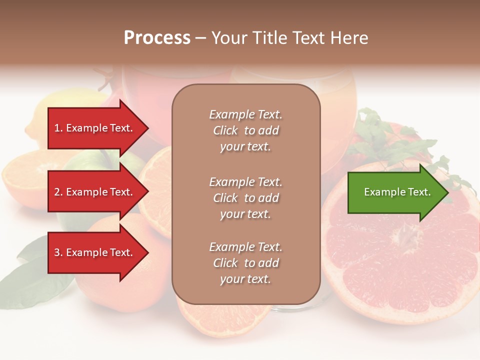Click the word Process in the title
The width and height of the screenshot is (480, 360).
tap(157, 38)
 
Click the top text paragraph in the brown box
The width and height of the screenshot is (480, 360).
tap(245, 130)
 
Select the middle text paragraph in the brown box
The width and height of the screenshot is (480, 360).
tap(245, 198)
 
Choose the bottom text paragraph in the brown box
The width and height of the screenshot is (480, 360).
tap(245, 263)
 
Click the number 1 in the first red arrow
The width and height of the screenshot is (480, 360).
tap(57, 128)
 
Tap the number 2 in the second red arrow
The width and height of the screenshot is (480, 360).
tap(57, 192)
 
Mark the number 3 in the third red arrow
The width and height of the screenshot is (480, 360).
tap(57, 252)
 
